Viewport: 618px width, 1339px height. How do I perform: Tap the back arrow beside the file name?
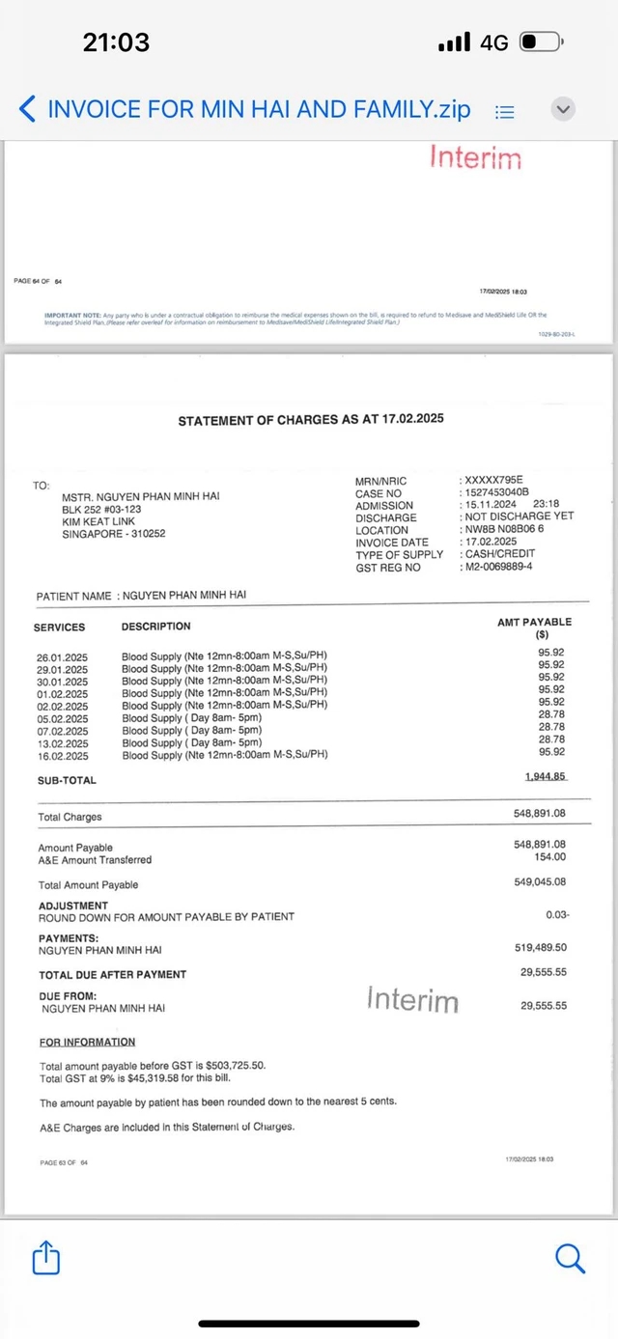pyautogui.click(x=28, y=108)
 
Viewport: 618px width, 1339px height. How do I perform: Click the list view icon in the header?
pyautogui.click(x=504, y=111)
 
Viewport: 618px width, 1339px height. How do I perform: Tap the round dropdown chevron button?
pyautogui.click(x=564, y=109)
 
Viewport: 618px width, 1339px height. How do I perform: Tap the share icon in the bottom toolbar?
pyautogui.click(x=46, y=1257)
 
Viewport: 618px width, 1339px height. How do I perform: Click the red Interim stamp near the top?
pyautogui.click(x=475, y=157)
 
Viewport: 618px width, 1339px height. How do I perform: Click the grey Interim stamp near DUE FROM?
pyautogui.click(x=412, y=1000)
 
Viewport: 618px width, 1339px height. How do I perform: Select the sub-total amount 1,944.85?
pyautogui.click(x=546, y=776)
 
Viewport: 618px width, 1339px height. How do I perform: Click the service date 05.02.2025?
pyautogui.click(x=62, y=718)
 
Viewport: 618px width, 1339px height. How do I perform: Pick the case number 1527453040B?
pyautogui.click(x=496, y=493)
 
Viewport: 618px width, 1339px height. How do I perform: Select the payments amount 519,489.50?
pyautogui.click(x=542, y=948)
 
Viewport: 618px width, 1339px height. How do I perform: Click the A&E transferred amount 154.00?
pyautogui.click(x=549, y=856)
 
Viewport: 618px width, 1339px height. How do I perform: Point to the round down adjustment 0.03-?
pyautogui.click(x=557, y=914)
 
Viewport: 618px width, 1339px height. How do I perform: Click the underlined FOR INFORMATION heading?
pyautogui.click(x=87, y=1042)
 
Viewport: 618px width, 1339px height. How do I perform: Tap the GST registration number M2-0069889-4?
pyautogui.click(x=498, y=567)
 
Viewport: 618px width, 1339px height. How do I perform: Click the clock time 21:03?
pyautogui.click(x=116, y=42)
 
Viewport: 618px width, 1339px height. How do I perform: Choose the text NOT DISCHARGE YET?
pyautogui.click(x=519, y=516)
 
